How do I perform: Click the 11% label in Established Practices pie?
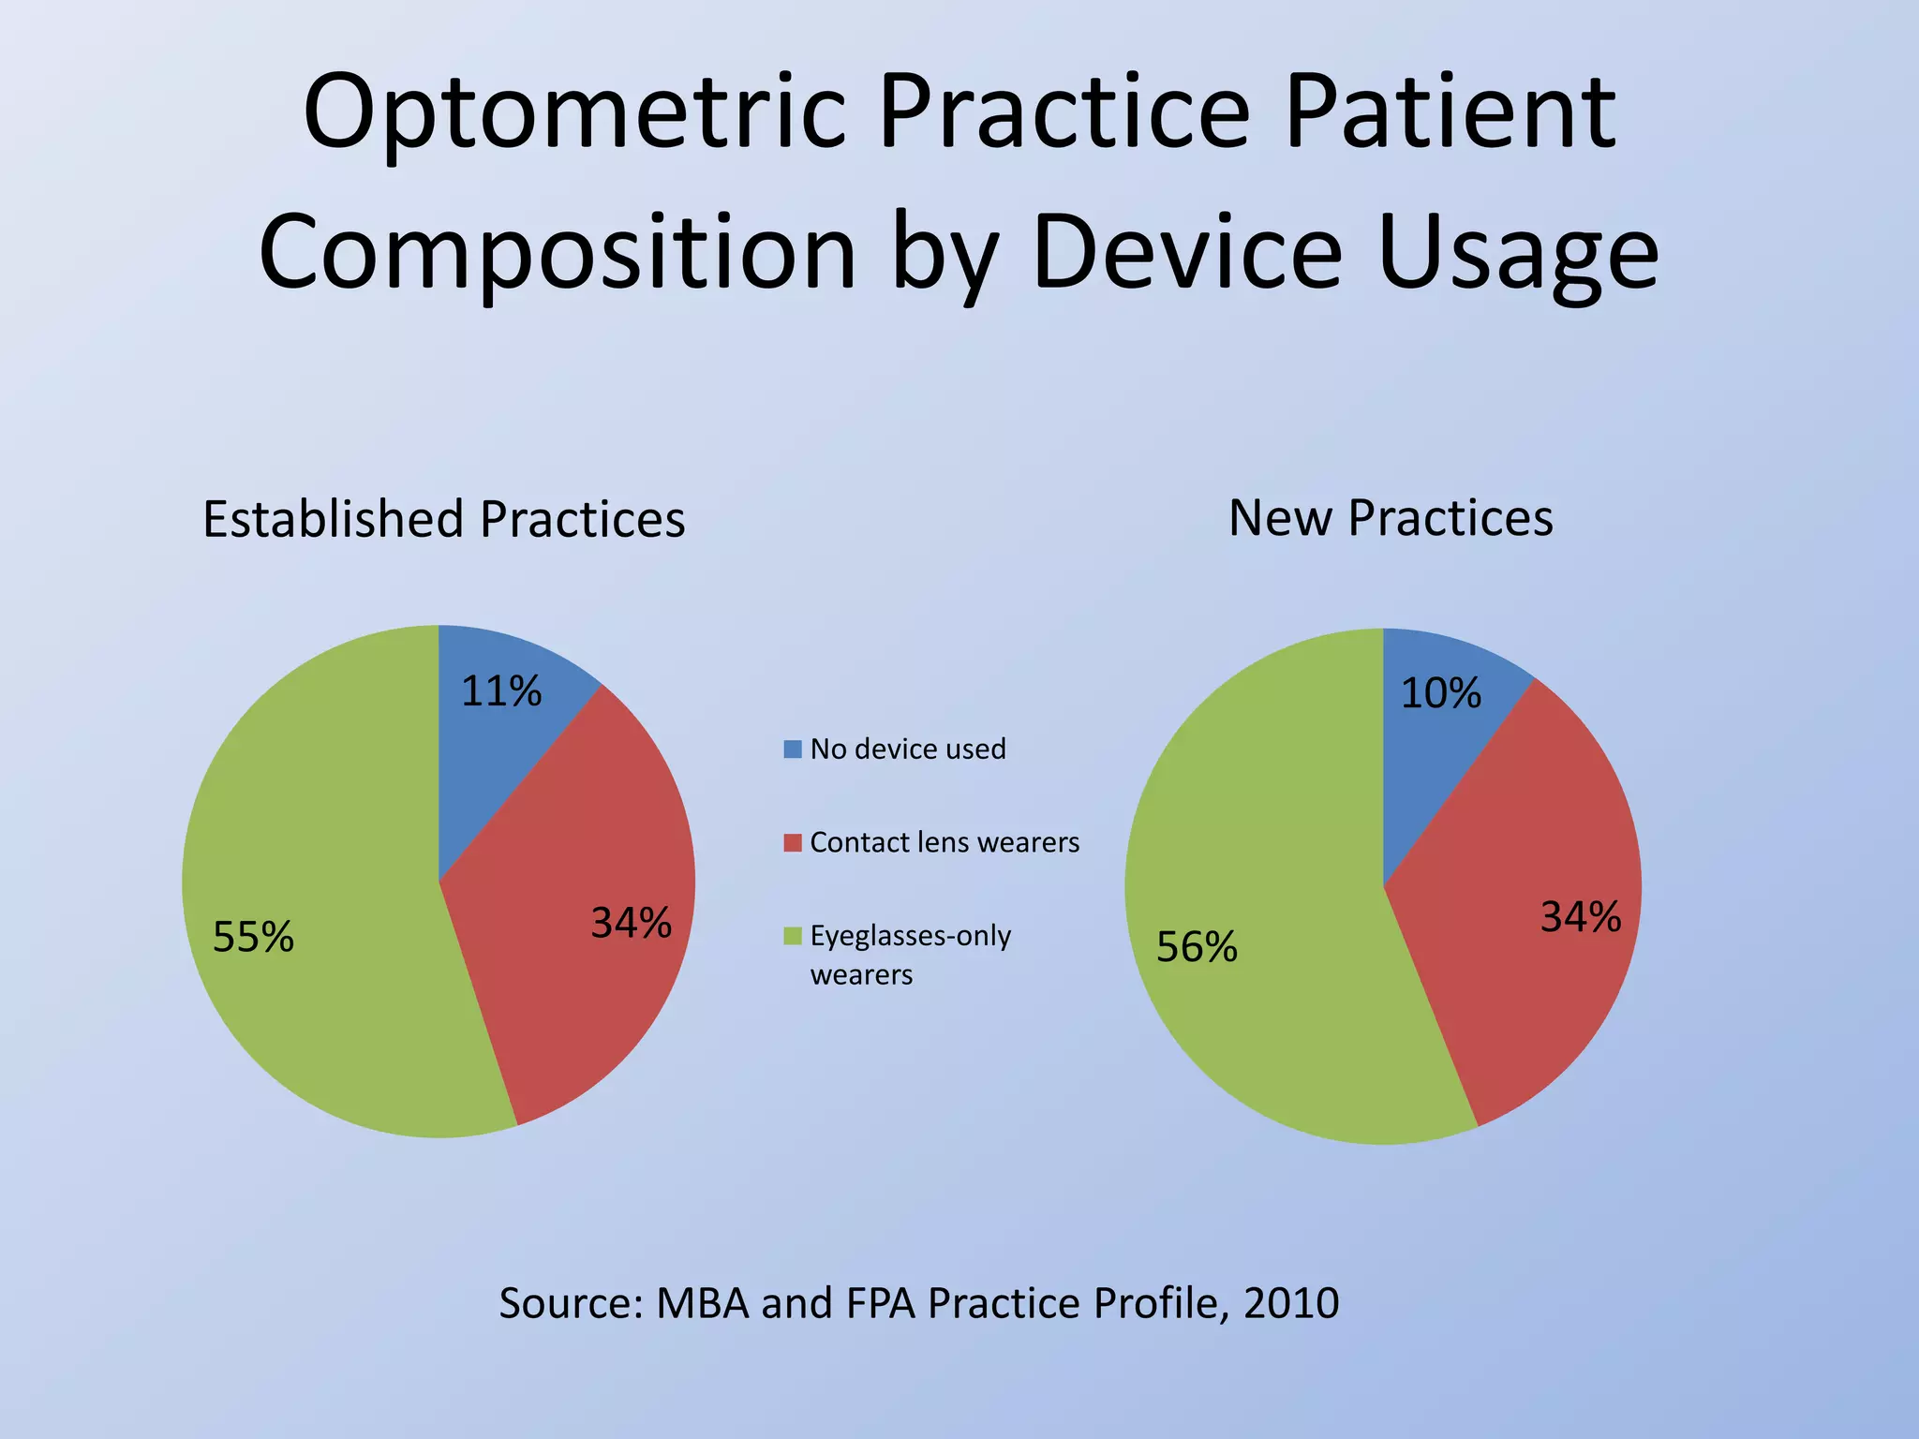click(x=501, y=691)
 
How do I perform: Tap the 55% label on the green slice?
click(x=253, y=937)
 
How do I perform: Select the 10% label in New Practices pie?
click(x=1440, y=693)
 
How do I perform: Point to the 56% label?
click(x=1197, y=947)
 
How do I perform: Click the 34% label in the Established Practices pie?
click(x=631, y=924)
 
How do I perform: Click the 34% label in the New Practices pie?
click(x=1581, y=917)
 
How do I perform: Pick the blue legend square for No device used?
click(x=793, y=749)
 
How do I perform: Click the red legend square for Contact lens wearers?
click(x=793, y=843)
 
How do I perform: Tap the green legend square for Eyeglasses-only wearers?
click(x=793, y=936)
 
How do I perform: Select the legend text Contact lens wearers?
click(x=944, y=842)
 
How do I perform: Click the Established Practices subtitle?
click(x=443, y=519)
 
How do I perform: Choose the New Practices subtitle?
click(x=1391, y=517)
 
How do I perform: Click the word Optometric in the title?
click(x=574, y=114)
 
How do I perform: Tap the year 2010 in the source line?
click(x=1291, y=1303)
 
